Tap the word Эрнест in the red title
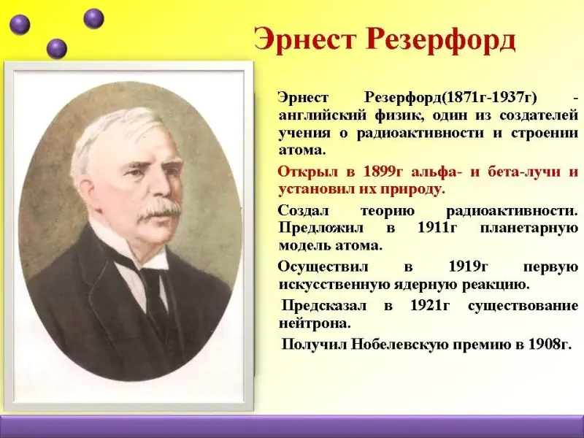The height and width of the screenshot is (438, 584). (x=304, y=39)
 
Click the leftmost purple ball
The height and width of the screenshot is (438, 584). (x=20, y=25)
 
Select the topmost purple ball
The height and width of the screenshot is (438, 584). (x=93, y=18)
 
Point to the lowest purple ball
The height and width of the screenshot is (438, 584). (x=57, y=48)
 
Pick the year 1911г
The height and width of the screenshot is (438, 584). (x=437, y=227)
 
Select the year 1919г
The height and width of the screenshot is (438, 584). (x=468, y=266)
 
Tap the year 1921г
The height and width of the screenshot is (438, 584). (x=430, y=305)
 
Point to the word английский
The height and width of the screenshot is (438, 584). (x=323, y=115)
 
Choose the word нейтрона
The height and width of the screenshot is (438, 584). (x=315, y=323)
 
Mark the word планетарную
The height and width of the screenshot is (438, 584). (x=529, y=228)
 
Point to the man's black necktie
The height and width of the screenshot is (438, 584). (x=155, y=294)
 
